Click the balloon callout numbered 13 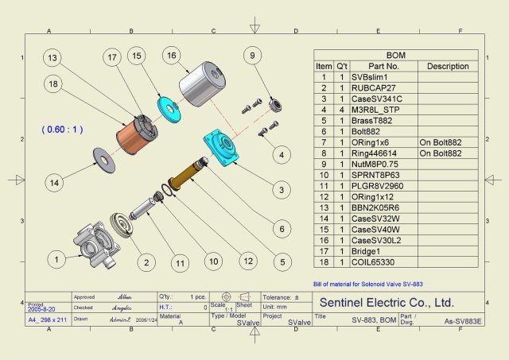tap(52, 58)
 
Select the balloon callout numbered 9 tap(252, 56)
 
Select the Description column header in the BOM tap(447, 66)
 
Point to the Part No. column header tap(383, 66)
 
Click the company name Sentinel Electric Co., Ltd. tap(386, 302)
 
